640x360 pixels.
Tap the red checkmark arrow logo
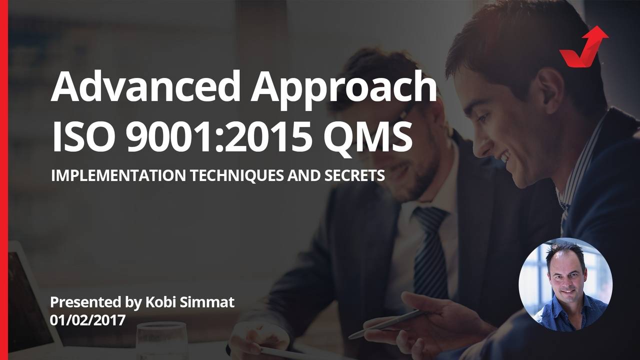tap(583, 47)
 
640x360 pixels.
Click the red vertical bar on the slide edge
tap(4, 180)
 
